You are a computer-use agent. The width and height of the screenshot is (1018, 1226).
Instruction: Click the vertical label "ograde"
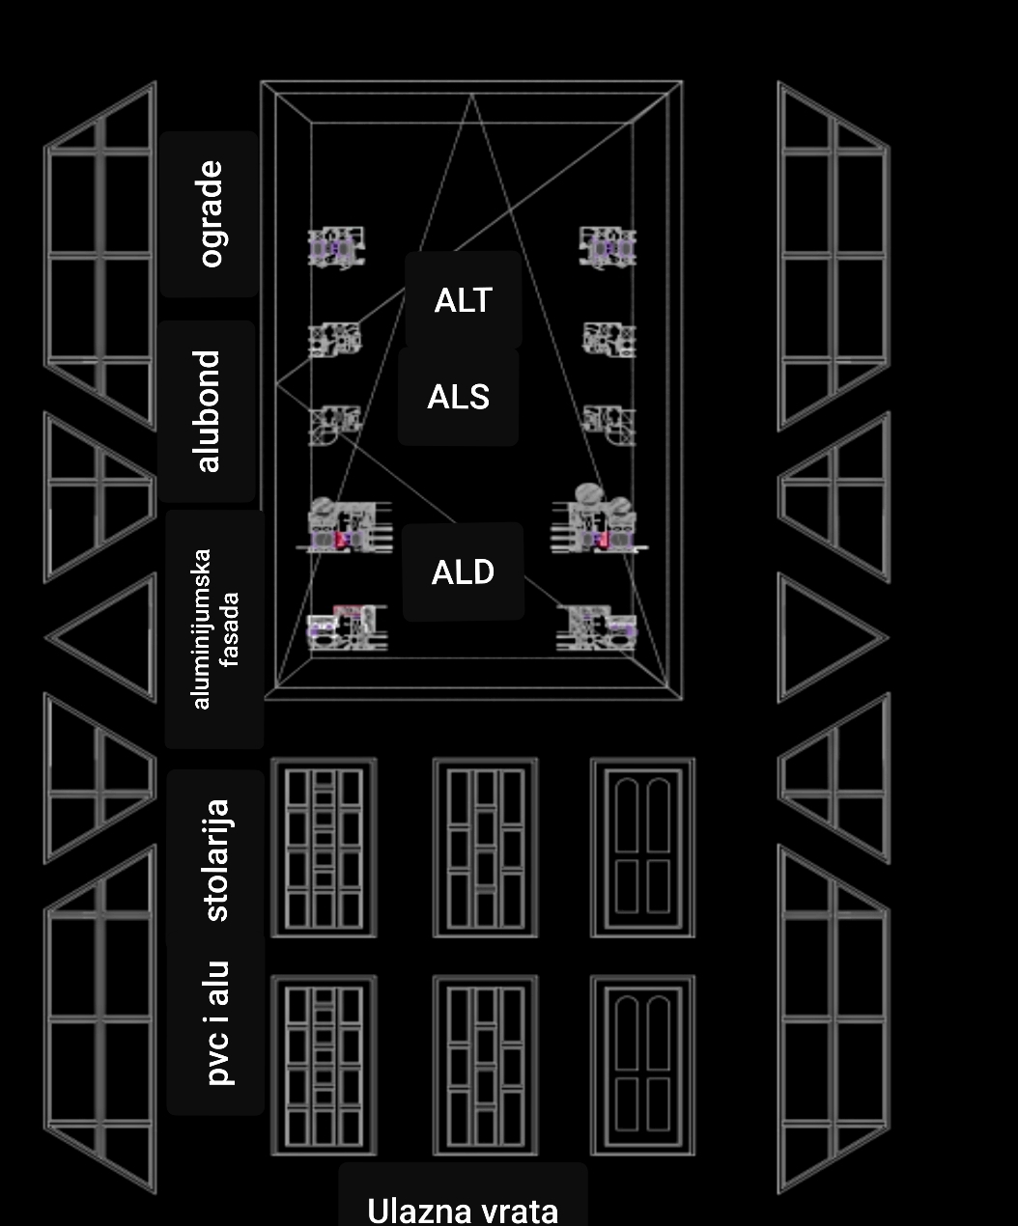[x=210, y=213]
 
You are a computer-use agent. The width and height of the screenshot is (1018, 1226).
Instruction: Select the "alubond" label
[x=208, y=411]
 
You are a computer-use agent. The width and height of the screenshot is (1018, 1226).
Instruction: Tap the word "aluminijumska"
[x=201, y=628]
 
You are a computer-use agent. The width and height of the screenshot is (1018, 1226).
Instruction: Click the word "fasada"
[x=230, y=628]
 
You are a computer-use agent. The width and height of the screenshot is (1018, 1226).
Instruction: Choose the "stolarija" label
[x=216, y=859]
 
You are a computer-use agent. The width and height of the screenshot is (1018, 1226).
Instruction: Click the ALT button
[x=464, y=300]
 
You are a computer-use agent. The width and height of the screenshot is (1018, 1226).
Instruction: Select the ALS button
[x=459, y=397]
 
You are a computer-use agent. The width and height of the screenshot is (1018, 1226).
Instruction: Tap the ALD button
[x=464, y=572]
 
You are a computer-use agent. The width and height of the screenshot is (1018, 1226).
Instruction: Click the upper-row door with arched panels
[x=642, y=848]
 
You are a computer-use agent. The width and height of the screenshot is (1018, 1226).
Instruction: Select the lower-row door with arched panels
[x=642, y=1065]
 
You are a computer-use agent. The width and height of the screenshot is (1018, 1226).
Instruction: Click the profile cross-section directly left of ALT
[x=336, y=247]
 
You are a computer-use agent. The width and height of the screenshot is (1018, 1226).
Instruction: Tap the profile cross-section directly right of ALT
[x=608, y=247]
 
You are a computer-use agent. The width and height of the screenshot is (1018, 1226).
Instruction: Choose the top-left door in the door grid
[x=324, y=848]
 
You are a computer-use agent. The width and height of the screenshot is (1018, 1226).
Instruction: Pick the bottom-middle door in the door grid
[x=485, y=1065]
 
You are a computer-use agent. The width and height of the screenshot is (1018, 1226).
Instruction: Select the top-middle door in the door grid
[x=485, y=848]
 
